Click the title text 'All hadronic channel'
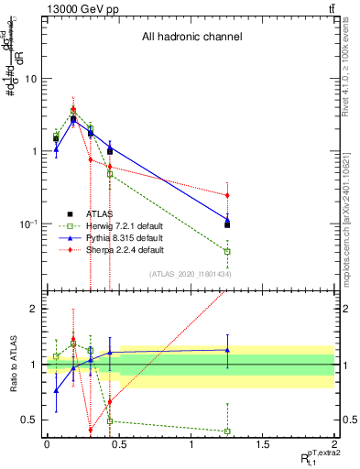[x=191, y=38]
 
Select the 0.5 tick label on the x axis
[x=118, y=444]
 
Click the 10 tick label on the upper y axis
[x=29, y=78]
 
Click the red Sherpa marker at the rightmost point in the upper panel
[x=227, y=195]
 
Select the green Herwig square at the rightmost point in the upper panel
[x=227, y=251]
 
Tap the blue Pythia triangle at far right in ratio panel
[x=227, y=350]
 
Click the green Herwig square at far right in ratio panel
[x=227, y=431]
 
